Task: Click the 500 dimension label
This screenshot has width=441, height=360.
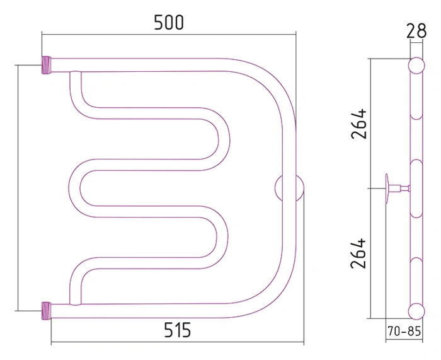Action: (x=169, y=23)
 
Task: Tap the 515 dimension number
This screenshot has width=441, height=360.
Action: (x=178, y=330)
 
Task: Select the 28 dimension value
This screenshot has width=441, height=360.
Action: (x=416, y=31)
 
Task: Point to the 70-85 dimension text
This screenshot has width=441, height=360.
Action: (x=404, y=331)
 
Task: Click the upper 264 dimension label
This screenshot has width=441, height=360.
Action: (x=359, y=124)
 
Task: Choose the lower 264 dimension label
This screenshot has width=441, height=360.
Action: (x=358, y=253)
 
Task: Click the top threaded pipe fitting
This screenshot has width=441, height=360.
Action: (x=47, y=65)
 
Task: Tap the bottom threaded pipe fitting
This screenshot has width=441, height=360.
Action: (x=47, y=311)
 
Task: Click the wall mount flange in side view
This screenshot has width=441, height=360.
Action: (x=387, y=188)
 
